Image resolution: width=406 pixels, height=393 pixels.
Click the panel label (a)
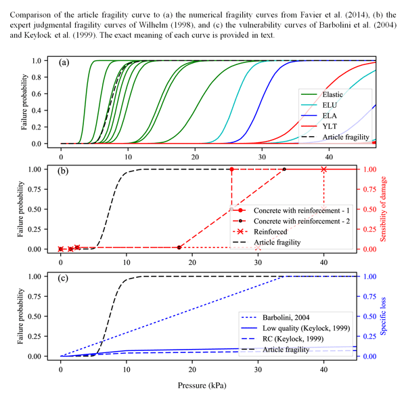64,62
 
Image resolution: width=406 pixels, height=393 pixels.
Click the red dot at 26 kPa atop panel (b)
231,169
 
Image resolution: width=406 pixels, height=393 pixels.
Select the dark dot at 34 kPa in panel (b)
284,169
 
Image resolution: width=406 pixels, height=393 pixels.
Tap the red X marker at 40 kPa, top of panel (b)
323,169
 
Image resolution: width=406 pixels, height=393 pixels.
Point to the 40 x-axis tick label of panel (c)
323,369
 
